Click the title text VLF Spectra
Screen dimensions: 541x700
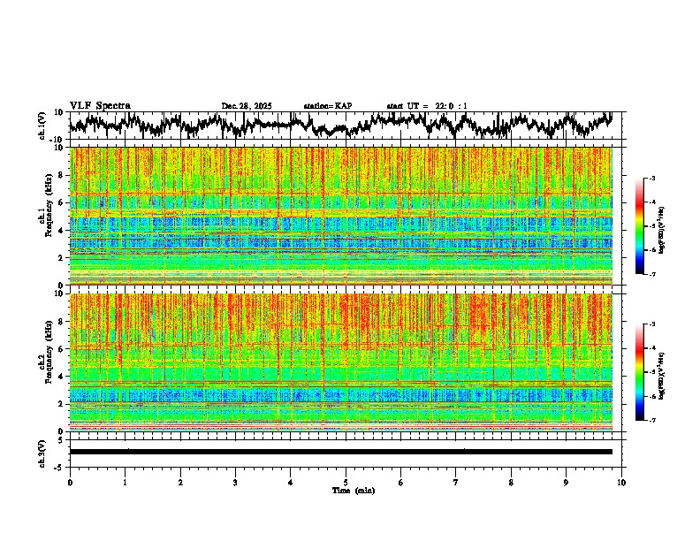[100, 106]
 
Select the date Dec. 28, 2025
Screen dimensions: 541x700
[247, 106]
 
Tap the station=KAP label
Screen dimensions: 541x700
[327, 106]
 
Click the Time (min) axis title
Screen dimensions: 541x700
[353, 491]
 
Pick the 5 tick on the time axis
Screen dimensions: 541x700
[346, 483]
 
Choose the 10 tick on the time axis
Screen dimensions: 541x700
[621, 483]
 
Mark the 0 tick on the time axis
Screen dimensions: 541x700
[70, 483]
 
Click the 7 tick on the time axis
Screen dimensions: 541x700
[456, 483]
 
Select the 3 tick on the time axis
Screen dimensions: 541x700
[235, 483]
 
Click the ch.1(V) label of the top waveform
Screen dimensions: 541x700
[42, 125]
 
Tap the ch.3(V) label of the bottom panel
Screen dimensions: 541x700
[42, 452]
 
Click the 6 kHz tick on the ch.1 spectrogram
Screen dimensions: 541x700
[62, 202]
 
